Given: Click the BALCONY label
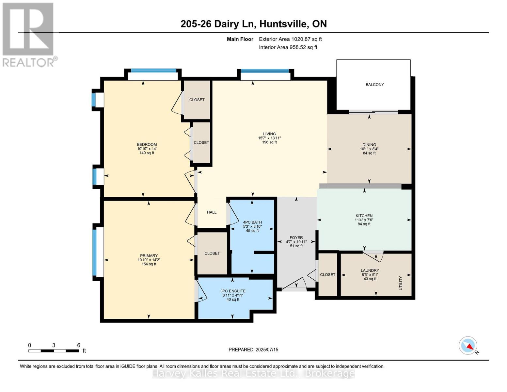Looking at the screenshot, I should (374, 85).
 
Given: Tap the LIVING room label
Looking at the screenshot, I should (269, 134).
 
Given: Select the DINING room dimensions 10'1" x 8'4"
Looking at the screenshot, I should (369, 149).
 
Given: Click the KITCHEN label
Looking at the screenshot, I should (364, 216).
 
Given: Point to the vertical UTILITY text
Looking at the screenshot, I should (401, 283).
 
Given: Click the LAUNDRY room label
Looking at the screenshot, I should (370, 270).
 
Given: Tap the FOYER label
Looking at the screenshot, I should (296, 238).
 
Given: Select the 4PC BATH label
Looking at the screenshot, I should (252, 222).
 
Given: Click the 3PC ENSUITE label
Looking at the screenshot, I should (233, 291).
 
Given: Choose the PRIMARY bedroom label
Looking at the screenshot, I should (149, 256).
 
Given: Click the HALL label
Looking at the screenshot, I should (212, 212).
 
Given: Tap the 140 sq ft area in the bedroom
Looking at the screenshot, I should (147, 153).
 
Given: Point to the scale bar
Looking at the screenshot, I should (54, 351).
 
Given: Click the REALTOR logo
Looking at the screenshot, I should (29, 34).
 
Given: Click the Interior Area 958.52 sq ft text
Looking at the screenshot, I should (288, 47).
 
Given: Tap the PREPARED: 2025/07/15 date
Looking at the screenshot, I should (253, 350).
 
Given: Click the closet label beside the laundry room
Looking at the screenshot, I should (327, 275).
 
